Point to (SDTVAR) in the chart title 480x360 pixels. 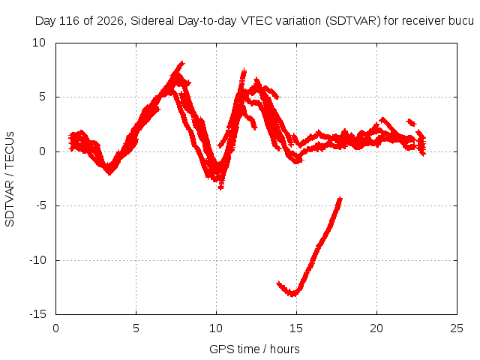click(x=353, y=21)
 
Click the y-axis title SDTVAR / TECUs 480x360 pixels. click(x=10, y=179)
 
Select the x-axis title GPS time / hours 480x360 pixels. click(x=254, y=349)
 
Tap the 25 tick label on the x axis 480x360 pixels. click(x=457, y=328)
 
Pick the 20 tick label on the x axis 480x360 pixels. click(x=376, y=328)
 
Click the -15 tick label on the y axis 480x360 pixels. click(x=38, y=314)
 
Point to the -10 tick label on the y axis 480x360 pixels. click(x=38, y=260)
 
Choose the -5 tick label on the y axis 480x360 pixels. click(x=41, y=205)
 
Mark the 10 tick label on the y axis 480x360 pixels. click(x=39, y=43)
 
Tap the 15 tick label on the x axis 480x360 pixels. click(x=296, y=328)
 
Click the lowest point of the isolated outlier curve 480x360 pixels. click(x=293, y=295)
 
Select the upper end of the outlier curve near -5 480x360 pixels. click(x=340, y=199)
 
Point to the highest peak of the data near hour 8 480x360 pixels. click(x=182, y=63)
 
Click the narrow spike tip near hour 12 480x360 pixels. click(x=244, y=70)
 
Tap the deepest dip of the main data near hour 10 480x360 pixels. click(x=220, y=187)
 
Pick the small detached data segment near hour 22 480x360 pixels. click(x=411, y=122)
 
